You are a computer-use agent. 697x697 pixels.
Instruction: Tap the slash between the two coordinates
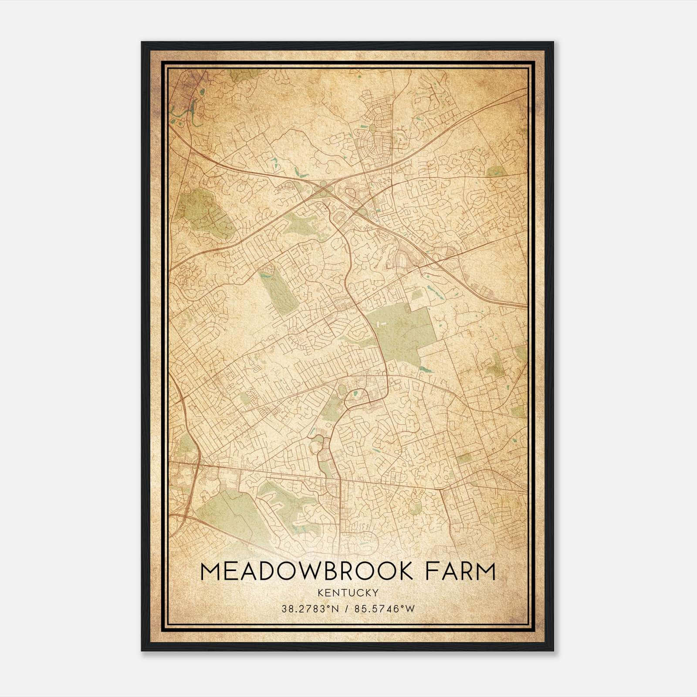click(x=347, y=609)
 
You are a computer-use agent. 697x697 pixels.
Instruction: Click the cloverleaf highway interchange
click(x=325, y=189)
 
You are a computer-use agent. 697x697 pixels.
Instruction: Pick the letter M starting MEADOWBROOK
click(x=210, y=571)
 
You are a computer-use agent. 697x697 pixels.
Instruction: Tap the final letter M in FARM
click(x=487, y=571)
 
